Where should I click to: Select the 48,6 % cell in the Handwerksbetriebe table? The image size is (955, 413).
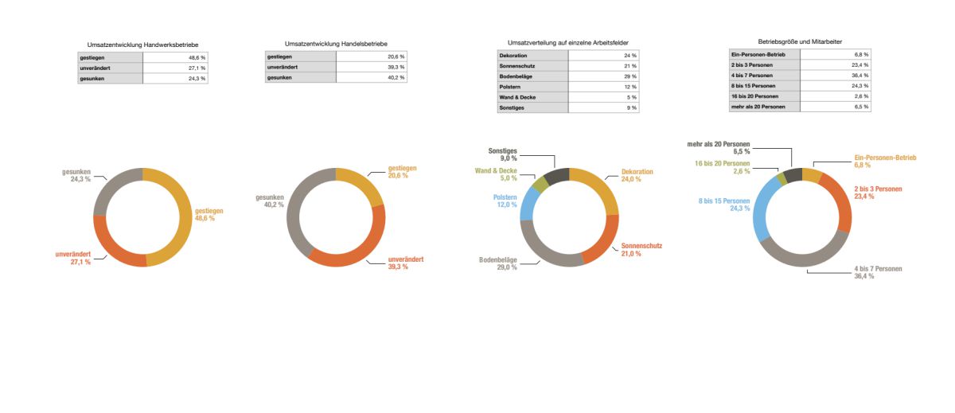(x=176, y=58)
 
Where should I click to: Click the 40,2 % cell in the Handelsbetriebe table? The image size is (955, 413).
(x=372, y=78)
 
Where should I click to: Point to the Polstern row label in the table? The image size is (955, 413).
(x=532, y=86)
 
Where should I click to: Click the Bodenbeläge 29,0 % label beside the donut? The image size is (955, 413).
(x=498, y=263)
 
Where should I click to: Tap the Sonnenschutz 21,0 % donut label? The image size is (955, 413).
(x=641, y=250)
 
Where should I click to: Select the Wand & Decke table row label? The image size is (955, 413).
(x=532, y=96)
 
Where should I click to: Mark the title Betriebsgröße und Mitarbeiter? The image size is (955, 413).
(x=800, y=41)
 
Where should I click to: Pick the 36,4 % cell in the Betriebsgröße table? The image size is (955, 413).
(x=836, y=76)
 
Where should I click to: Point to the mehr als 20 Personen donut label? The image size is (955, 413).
(x=718, y=147)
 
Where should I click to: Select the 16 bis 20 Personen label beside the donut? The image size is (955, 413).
(x=722, y=166)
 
